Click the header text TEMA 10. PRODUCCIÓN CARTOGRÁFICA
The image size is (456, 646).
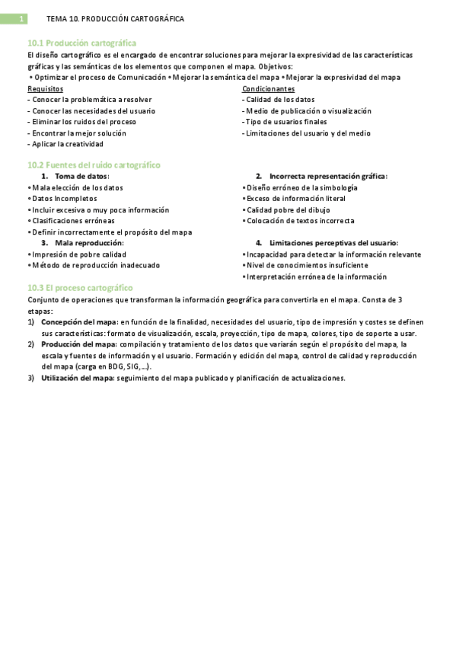point(115,19)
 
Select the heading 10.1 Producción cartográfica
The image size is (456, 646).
point(82,44)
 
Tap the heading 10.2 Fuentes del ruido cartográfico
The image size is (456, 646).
point(94,165)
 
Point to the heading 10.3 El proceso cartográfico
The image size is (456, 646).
point(80,287)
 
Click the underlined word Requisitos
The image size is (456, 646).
point(46,88)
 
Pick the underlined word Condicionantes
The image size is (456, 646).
point(268,88)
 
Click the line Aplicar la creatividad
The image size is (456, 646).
point(65,144)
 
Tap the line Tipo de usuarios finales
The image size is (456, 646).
point(285,122)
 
